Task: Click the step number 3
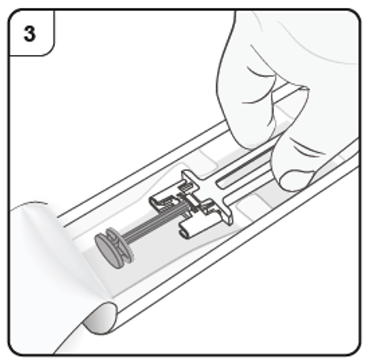[x=29, y=34]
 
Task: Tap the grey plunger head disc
[x=107, y=251]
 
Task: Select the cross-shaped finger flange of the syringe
[x=206, y=195]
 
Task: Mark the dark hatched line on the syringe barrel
[x=244, y=164]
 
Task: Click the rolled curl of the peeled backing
[x=100, y=318]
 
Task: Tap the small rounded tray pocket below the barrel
[x=249, y=206]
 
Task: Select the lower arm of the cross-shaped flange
[x=225, y=213]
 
